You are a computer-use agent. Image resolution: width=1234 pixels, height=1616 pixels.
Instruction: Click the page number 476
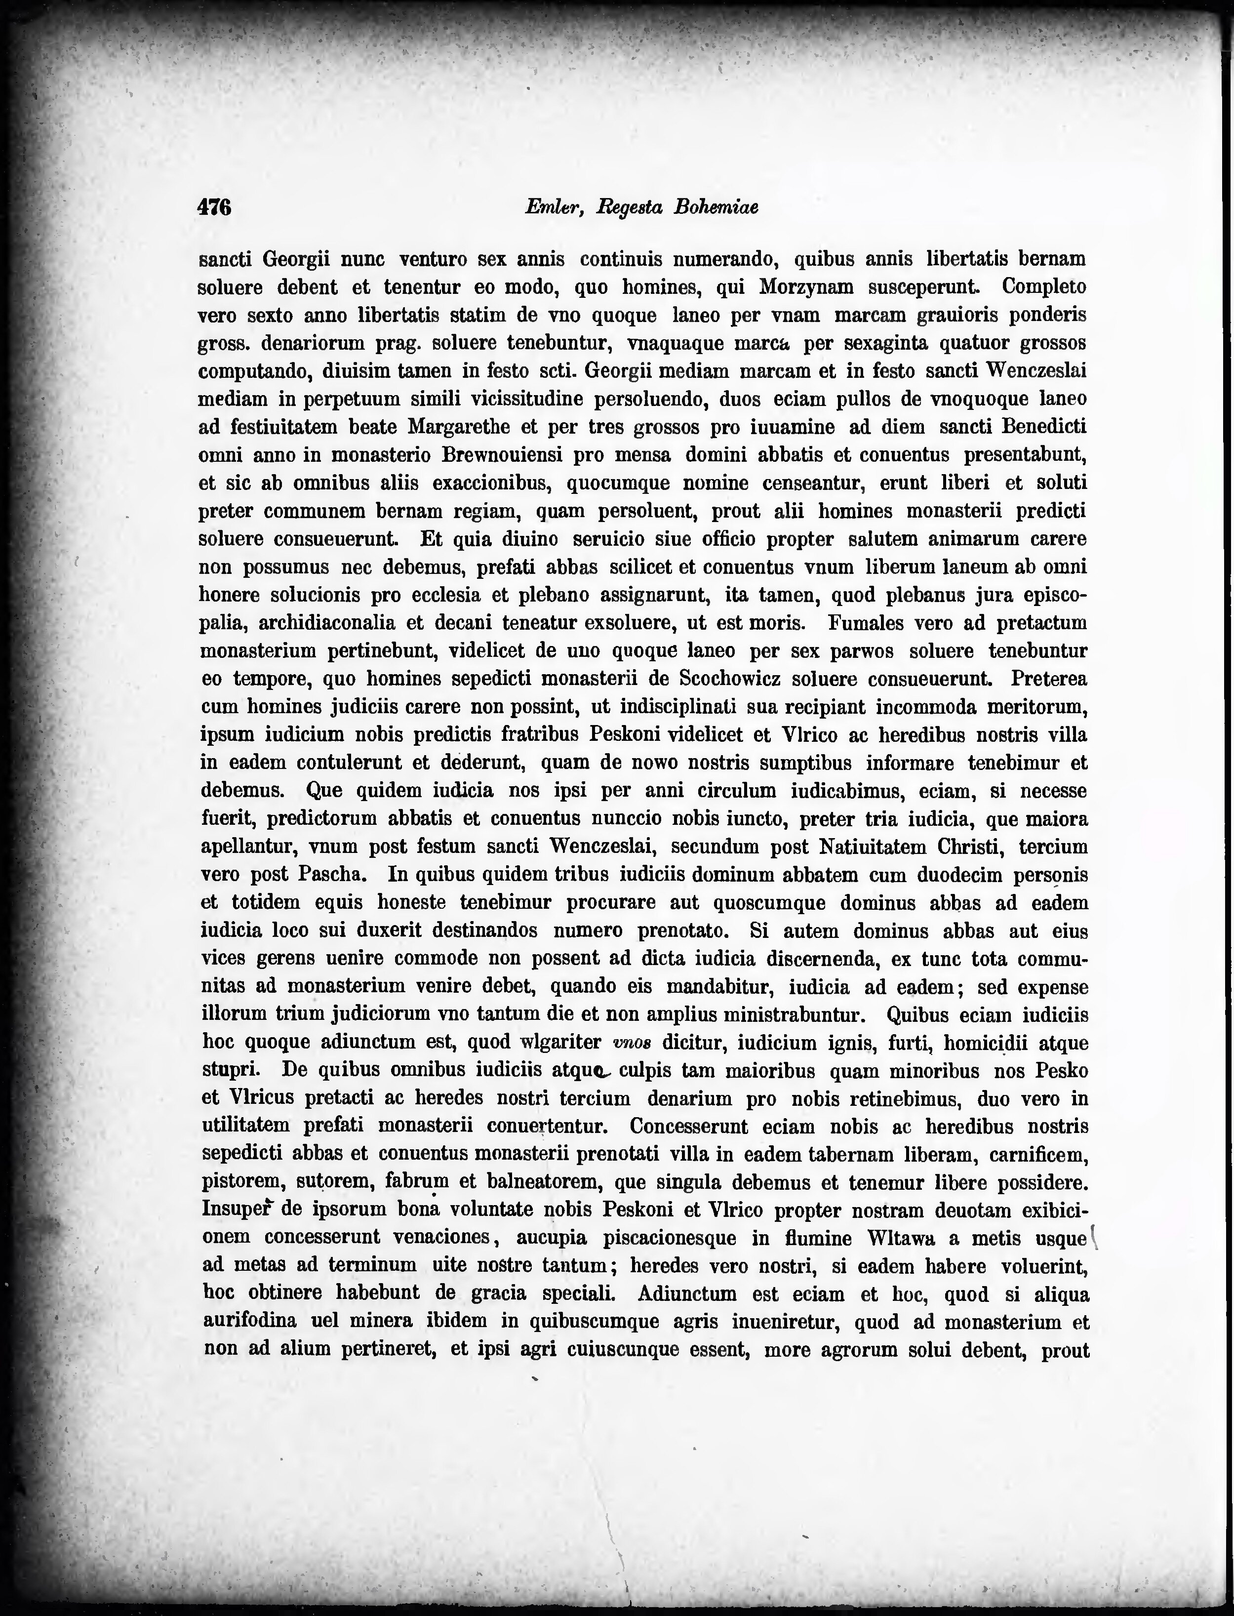point(214,208)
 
